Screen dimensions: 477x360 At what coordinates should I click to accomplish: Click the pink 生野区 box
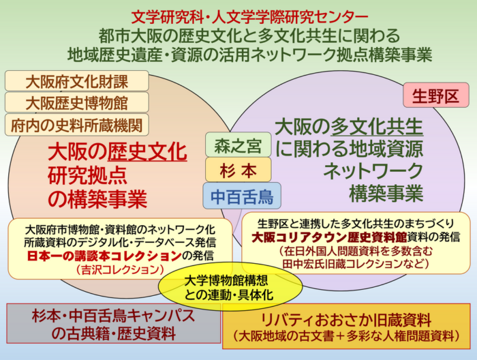point(436,95)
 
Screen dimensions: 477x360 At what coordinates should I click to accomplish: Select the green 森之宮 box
point(238,145)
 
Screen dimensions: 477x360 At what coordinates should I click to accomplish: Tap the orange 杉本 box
point(238,170)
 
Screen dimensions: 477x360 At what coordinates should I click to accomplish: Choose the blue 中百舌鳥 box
point(242,196)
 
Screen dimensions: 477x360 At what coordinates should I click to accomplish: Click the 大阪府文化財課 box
point(76,81)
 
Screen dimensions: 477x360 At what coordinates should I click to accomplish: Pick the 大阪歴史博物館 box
point(76,102)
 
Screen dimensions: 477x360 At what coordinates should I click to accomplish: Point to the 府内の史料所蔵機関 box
point(76,125)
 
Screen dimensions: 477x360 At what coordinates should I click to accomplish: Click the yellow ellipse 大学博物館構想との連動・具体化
point(230,286)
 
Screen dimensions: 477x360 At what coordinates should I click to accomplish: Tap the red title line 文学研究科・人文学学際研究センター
point(249,17)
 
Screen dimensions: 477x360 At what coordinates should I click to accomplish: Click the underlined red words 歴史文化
point(147,152)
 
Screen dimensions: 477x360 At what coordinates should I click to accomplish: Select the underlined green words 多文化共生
point(377,127)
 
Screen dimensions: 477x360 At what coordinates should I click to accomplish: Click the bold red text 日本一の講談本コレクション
point(104,256)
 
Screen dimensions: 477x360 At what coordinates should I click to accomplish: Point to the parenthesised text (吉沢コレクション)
point(120,269)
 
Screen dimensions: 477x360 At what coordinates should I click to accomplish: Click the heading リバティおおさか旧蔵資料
point(346,320)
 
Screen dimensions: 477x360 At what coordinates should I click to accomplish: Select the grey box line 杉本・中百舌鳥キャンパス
point(114,316)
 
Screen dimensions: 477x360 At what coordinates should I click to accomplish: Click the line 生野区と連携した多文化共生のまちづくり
point(356,224)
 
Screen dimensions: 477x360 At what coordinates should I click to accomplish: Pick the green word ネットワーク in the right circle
point(373,170)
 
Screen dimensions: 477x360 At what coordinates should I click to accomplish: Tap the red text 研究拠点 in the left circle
point(87,176)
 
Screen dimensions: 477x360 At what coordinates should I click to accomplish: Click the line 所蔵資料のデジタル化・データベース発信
point(120,243)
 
